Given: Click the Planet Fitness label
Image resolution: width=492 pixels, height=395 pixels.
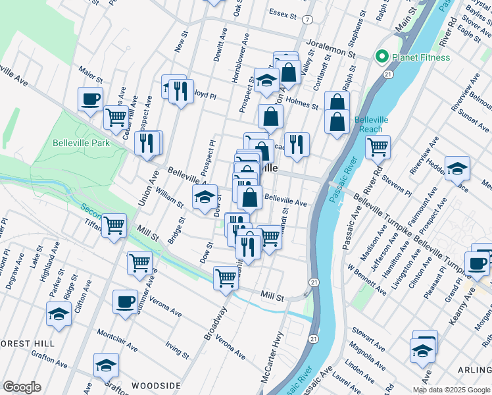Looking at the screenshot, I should pos(421,57).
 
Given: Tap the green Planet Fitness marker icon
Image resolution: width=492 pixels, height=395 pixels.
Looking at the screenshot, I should pos(380,57).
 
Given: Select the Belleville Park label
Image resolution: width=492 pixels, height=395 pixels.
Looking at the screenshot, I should pos(82,142).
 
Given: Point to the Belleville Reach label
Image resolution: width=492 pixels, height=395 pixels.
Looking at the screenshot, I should pos(368,124).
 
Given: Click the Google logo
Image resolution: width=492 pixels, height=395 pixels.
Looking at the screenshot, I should pos(22,386).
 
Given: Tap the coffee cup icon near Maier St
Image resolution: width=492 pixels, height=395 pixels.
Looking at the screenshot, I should pos(90,100).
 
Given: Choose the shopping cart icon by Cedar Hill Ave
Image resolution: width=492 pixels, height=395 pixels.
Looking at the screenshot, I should pos(116,118).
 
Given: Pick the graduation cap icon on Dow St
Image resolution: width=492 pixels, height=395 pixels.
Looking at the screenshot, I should pos(205,197).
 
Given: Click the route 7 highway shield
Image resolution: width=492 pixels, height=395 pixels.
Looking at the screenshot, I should pos(307,20).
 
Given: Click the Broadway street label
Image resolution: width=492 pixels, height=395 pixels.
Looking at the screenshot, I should pos(215,323).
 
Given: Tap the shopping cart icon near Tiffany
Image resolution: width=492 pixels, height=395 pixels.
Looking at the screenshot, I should pos(114,226).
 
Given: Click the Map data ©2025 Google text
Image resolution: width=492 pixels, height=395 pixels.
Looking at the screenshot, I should pos(451,390).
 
